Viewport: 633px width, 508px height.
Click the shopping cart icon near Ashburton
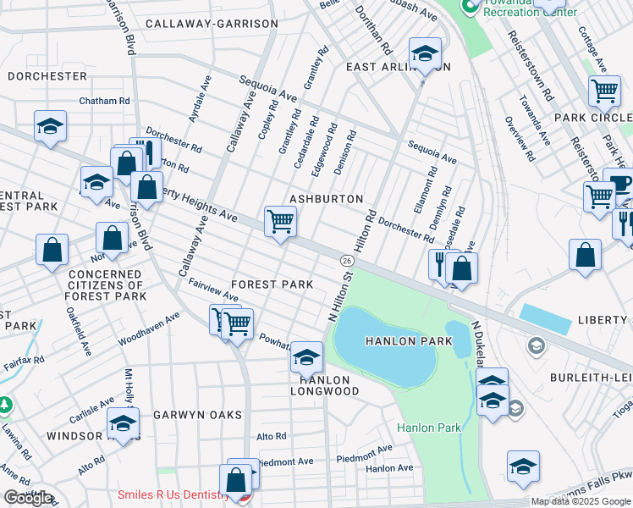click(x=280, y=223)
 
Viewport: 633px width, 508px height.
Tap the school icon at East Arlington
click(x=425, y=53)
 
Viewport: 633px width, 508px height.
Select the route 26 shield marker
click(x=347, y=259)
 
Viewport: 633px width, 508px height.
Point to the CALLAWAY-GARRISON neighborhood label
click(x=211, y=24)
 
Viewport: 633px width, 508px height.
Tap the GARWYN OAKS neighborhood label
click(x=197, y=415)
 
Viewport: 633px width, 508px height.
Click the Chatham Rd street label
click(x=104, y=101)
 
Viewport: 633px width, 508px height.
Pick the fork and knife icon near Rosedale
click(x=439, y=263)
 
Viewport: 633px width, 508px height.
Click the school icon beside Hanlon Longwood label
click(x=306, y=357)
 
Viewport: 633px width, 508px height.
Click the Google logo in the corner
click(x=28, y=498)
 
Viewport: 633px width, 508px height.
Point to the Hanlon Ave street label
click(x=389, y=467)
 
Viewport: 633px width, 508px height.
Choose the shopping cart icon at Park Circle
click(x=604, y=91)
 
